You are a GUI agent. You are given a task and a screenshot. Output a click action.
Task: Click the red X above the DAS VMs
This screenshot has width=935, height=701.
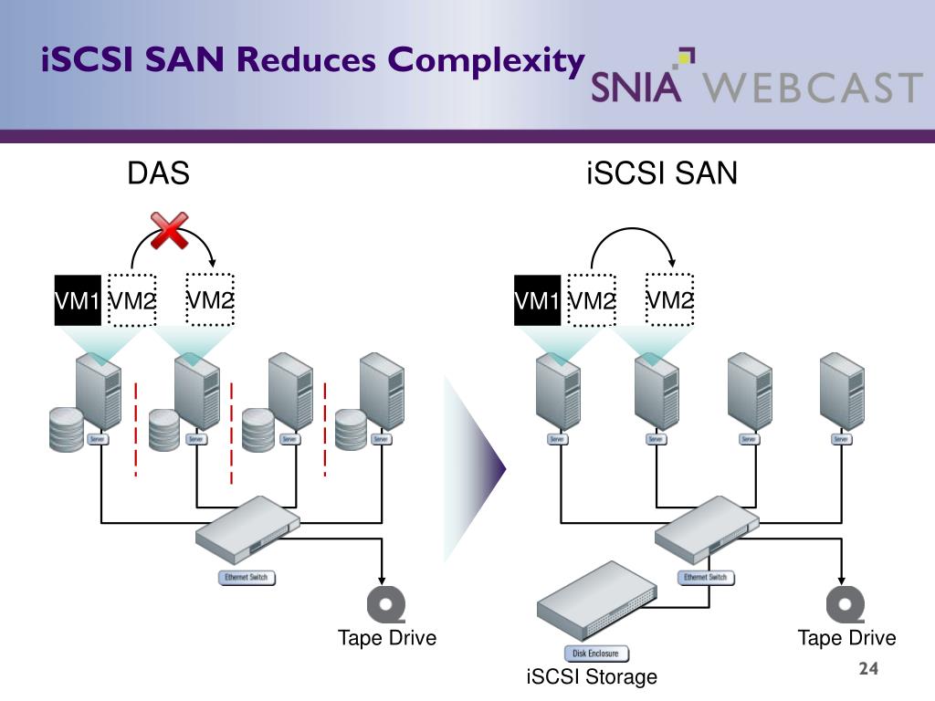(169, 230)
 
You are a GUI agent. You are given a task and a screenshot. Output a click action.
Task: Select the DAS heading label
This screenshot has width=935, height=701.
(158, 173)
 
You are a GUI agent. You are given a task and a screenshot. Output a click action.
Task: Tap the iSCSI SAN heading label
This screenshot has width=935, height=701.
(661, 173)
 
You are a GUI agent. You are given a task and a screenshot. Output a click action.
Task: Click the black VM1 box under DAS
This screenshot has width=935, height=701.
(78, 299)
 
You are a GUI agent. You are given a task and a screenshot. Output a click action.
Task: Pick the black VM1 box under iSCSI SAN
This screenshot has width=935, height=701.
(537, 299)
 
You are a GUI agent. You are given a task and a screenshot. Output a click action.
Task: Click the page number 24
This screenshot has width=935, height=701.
(868, 669)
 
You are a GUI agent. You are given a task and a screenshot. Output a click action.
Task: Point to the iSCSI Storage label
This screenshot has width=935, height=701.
(592, 676)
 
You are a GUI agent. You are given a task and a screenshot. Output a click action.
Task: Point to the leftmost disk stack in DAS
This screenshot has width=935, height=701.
(67, 429)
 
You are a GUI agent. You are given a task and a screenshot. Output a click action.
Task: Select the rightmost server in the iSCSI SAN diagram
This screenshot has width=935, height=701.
(841, 392)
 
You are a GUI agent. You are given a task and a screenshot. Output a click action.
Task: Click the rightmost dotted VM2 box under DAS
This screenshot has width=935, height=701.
(210, 299)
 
